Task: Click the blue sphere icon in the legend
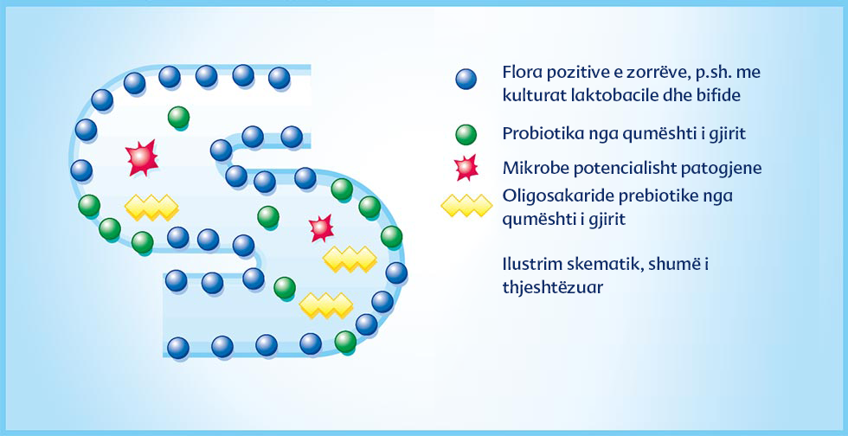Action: [x=466, y=79]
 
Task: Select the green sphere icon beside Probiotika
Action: [x=466, y=135]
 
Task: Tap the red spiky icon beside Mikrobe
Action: [x=466, y=167]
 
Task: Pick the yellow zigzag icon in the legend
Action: [x=466, y=206]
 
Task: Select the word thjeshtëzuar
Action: [x=553, y=287]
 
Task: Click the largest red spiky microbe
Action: [x=142, y=158]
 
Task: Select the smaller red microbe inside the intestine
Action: [x=322, y=228]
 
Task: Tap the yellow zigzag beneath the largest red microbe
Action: [x=151, y=207]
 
